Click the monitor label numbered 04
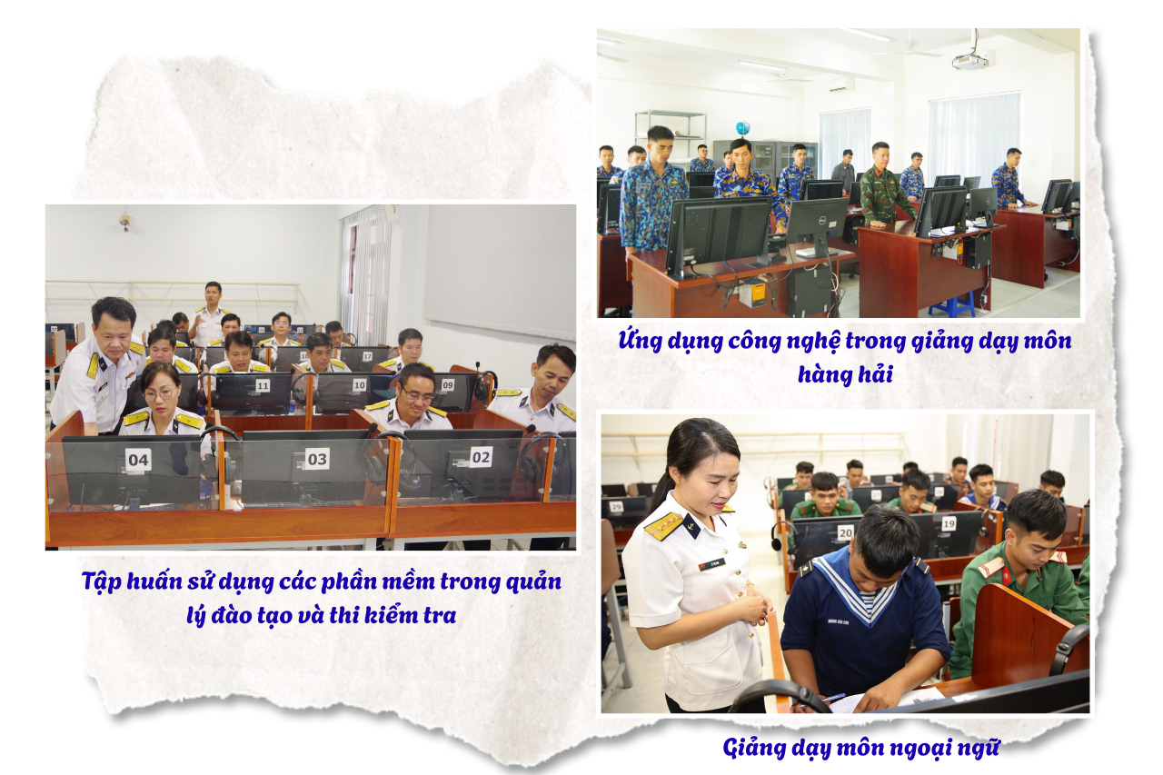click(138, 460)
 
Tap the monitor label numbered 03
click(317, 459)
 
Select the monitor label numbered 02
click(481, 457)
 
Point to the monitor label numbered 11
click(263, 386)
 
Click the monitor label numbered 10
click(359, 384)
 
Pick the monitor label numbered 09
click(448, 384)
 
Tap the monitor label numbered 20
click(846, 532)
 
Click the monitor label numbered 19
click(949, 523)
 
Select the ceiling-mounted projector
click(969, 61)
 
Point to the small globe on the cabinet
click(742, 128)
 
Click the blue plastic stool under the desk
click(951, 304)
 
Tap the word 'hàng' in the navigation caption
click(820, 374)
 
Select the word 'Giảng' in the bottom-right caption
click(754, 749)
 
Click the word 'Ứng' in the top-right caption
click(639, 341)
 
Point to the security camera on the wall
click(124, 222)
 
